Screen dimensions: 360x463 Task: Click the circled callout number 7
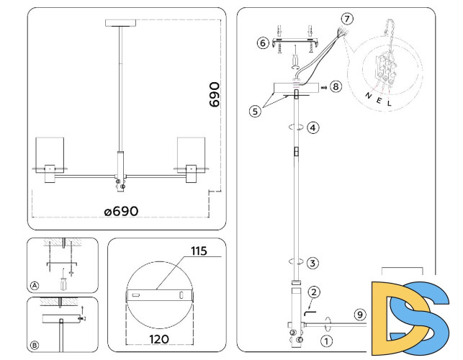(x=348, y=17)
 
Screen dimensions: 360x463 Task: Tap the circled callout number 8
(x=336, y=87)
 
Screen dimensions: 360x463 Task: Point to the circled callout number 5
(x=255, y=111)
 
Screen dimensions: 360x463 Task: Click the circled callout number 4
(x=313, y=128)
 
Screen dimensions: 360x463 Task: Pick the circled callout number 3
(x=313, y=263)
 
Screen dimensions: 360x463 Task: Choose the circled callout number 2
(x=313, y=292)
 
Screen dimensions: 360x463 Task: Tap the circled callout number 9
(x=360, y=314)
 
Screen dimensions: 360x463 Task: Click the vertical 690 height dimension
(x=215, y=94)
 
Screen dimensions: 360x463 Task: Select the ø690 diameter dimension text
(x=120, y=211)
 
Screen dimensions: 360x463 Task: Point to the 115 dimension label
(x=199, y=251)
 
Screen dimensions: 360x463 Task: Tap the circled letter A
(x=34, y=286)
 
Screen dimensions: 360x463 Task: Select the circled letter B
(x=34, y=345)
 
